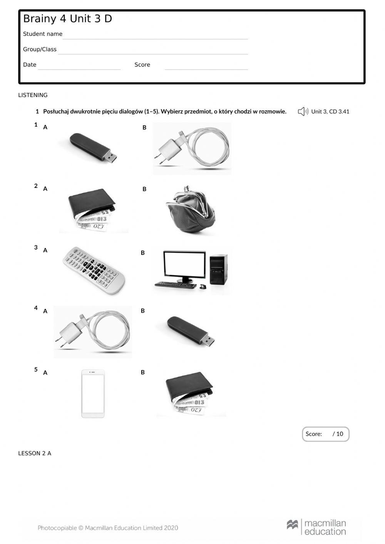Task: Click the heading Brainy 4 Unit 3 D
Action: click(x=67, y=19)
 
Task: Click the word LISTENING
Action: click(x=33, y=95)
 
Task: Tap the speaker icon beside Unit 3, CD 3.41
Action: click(x=303, y=112)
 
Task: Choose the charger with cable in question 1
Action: click(x=192, y=149)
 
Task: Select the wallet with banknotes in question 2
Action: click(x=92, y=210)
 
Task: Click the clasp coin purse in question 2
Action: click(x=190, y=210)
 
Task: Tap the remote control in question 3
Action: click(x=94, y=271)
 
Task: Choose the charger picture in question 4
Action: click(x=93, y=332)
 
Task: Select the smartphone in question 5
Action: click(x=93, y=393)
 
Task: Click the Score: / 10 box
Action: click(x=325, y=434)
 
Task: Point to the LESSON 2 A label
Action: click(x=35, y=454)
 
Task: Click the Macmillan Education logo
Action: click(x=316, y=527)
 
